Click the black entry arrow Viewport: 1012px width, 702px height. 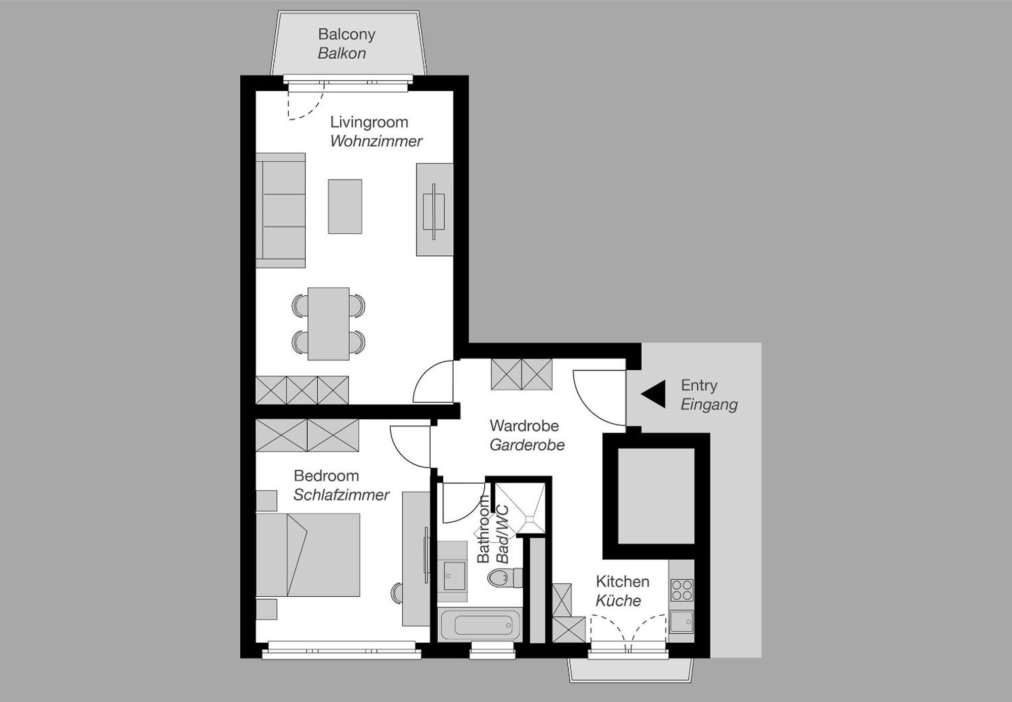click(655, 394)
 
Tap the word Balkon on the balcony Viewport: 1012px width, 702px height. click(342, 53)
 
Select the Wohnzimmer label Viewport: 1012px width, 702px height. click(376, 141)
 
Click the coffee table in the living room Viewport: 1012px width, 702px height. click(345, 206)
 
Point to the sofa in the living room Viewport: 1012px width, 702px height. click(281, 210)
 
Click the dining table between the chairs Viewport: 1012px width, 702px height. click(328, 324)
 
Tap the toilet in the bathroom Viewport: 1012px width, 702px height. click(502, 578)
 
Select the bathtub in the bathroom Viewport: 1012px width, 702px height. click(479, 625)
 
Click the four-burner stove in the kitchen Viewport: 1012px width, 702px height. click(682, 590)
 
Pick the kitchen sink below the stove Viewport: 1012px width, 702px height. click(681, 622)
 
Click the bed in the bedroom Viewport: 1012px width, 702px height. click(308, 555)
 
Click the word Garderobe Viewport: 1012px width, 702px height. click(527, 445)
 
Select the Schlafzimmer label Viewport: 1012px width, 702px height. click(341, 495)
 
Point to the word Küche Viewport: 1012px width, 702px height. click(618, 601)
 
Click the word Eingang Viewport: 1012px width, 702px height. click(708, 405)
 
